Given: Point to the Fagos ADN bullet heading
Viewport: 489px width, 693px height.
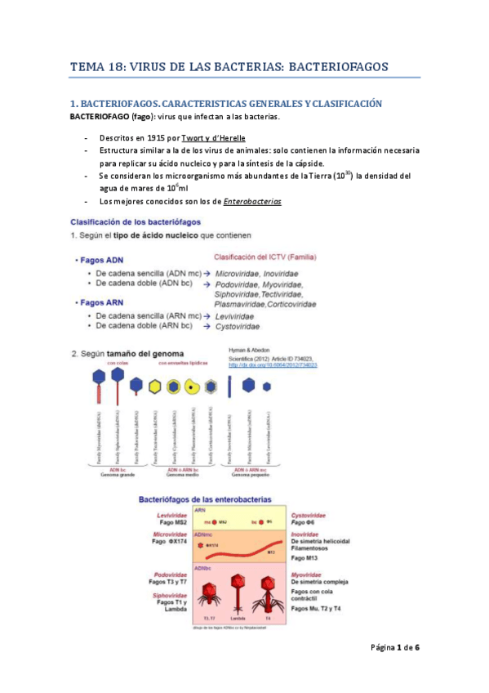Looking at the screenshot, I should coord(104,260).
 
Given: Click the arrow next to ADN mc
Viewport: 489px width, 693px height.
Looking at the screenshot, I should coord(207,271).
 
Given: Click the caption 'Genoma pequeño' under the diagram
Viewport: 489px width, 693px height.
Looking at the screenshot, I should coord(250,476).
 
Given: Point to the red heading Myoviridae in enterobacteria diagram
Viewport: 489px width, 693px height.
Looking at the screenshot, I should coord(308,575).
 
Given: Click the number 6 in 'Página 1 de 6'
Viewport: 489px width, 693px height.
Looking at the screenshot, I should coord(417,647).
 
